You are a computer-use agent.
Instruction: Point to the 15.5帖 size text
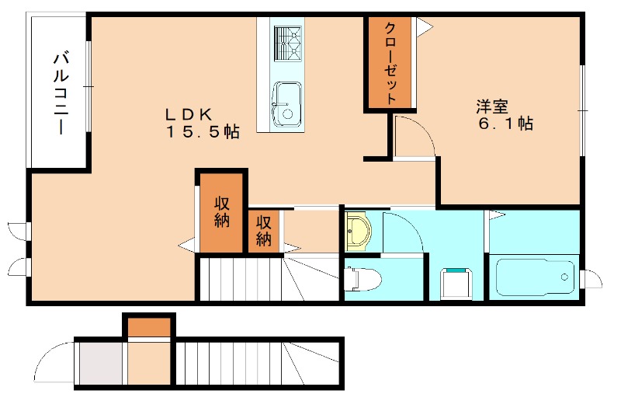pyautogui.click(x=201, y=131)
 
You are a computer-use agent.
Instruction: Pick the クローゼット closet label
pyautogui.click(x=391, y=61)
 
